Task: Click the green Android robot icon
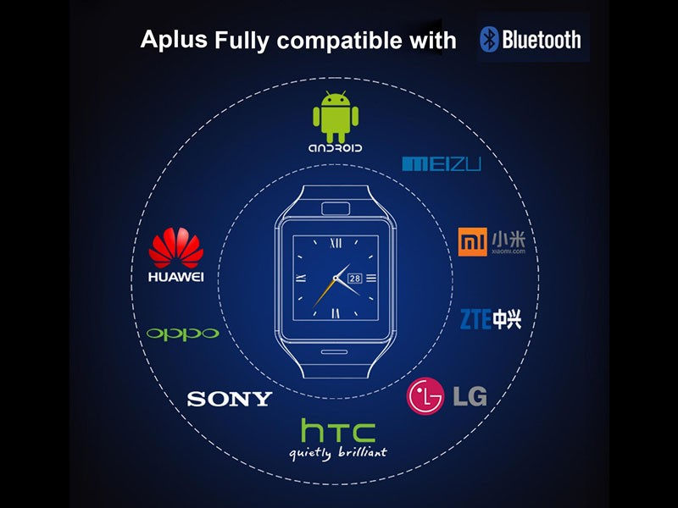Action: pos(336,117)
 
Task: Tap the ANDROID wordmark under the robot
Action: pos(336,148)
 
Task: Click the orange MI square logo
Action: pos(470,242)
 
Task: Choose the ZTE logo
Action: pos(490,319)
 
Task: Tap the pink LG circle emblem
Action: pos(425,395)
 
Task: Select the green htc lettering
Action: pos(337,432)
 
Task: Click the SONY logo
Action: pos(230,399)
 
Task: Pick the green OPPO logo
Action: pos(182,334)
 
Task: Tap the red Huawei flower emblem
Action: pos(176,249)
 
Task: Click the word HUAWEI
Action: pos(176,276)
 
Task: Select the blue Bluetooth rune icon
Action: pos(489,39)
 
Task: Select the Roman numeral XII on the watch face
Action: pos(336,243)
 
